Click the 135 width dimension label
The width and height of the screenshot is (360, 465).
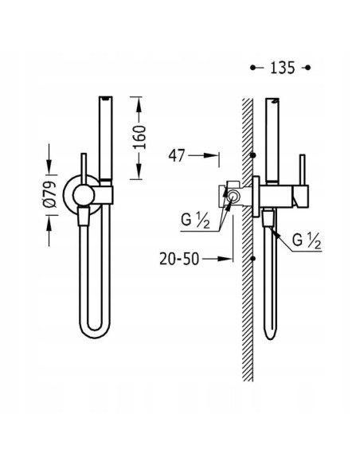click(281, 68)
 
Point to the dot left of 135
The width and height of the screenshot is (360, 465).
click(253, 68)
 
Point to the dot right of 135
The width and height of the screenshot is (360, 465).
click(310, 68)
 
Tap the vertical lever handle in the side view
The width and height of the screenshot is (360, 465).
click(302, 174)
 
